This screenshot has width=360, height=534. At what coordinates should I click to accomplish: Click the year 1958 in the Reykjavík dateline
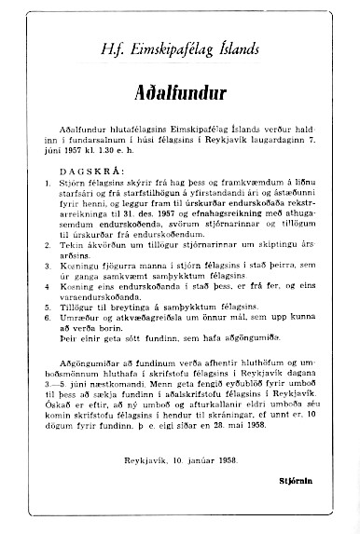[x=225, y=462]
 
